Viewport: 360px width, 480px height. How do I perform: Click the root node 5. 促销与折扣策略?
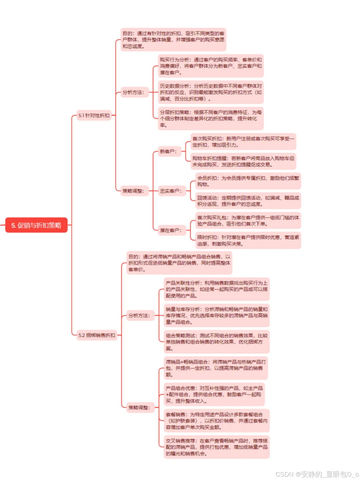tap(36, 225)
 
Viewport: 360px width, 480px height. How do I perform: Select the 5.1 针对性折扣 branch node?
tap(94, 115)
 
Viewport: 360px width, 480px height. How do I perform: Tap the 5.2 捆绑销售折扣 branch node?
tap(97, 335)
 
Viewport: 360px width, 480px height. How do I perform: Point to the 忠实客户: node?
tap(171, 191)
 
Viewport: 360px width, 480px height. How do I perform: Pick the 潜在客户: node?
tap(171, 230)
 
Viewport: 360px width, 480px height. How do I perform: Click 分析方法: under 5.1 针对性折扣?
tap(133, 92)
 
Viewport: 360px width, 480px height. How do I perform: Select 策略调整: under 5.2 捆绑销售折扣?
tap(139, 407)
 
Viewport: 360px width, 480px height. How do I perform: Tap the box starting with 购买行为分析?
tap(211, 66)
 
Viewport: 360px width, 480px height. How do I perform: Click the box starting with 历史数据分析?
tap(211, 92)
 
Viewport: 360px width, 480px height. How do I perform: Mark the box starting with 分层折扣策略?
tap(211, 119)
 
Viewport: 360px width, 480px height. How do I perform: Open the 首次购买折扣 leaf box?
tap(243, 142)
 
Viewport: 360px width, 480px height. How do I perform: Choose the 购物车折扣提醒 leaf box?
tap(243, 161)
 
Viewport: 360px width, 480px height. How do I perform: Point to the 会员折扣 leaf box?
tap(248, 181)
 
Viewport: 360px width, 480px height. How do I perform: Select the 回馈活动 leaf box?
tap(248, 201)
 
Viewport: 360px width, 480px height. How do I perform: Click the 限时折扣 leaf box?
tap(248, 240)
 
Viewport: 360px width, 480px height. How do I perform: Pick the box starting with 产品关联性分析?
tap(217, 289)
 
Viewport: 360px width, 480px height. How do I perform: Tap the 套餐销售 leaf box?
tap(217, 421)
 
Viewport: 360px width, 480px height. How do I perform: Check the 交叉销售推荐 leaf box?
tap(217, 447)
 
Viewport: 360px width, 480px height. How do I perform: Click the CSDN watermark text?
tap(317, 474)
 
